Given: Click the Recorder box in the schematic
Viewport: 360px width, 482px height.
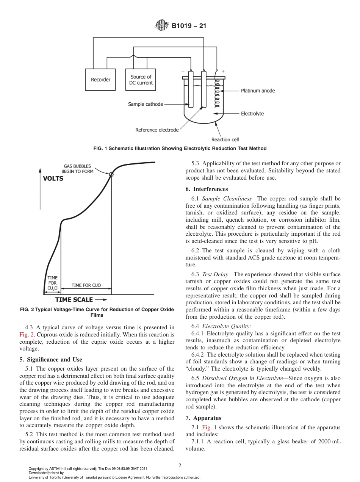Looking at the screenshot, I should click(100, 80).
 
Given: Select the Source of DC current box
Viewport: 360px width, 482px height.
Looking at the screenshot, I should click(141, 80).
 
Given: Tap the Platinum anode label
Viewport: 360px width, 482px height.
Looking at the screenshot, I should click(258, 91).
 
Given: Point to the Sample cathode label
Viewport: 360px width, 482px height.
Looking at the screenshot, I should click(146, 104).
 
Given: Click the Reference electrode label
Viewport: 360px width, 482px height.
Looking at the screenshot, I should click(157, 130).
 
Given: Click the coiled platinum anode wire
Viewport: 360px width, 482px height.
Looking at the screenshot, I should click(218, 91).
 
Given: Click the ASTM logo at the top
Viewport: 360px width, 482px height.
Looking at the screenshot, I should click(162, 26).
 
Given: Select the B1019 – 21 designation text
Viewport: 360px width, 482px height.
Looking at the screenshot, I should click(188, 26).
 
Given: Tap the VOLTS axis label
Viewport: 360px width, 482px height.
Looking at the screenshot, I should click(53, 178).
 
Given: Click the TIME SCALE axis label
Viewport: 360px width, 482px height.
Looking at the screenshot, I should click(74, 300).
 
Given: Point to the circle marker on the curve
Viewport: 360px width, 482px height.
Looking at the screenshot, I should click(111, 174).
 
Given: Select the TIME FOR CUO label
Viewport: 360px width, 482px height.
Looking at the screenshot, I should click(86, 285).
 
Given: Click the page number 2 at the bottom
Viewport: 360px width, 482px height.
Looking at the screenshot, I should click(180, 465).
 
